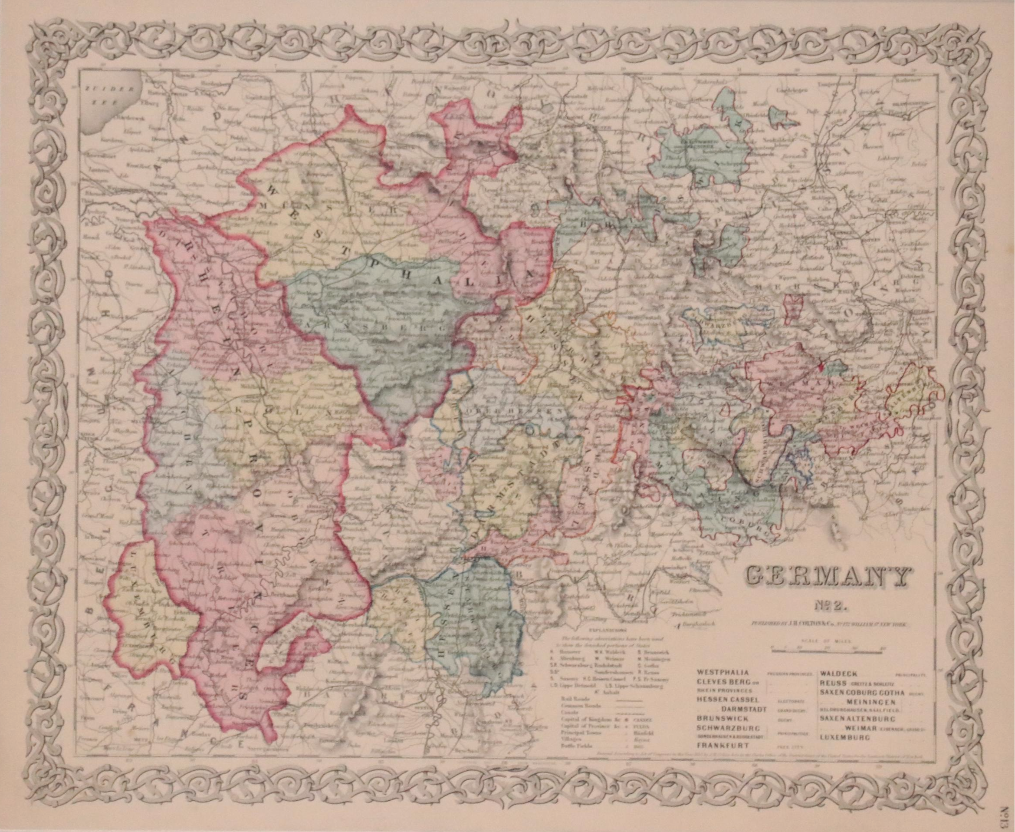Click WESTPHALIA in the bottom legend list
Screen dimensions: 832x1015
coord(723,672)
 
